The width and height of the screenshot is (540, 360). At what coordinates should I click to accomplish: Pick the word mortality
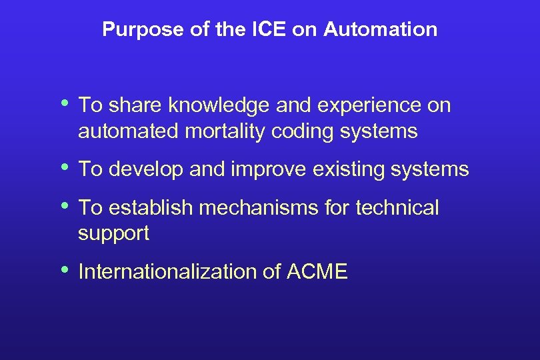pyautogui.click(x=227, y=131)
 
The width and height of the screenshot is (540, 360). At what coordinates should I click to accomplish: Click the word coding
pyautogui.click(x=303, y=131)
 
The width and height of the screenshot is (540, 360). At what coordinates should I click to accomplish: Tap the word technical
pyautogui.click(x=397, y=208)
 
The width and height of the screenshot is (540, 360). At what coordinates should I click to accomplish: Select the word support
pyautogui.click(x=113, y=234)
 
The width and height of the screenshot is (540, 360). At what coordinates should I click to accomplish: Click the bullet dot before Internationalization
pyautogui.click(x=65, y=270)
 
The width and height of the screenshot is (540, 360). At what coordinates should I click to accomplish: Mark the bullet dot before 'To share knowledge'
pyautogui.click(x=65, y=103)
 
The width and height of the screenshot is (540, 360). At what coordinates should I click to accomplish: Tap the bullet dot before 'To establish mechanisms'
pyautogui.click(x=65, y=206)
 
